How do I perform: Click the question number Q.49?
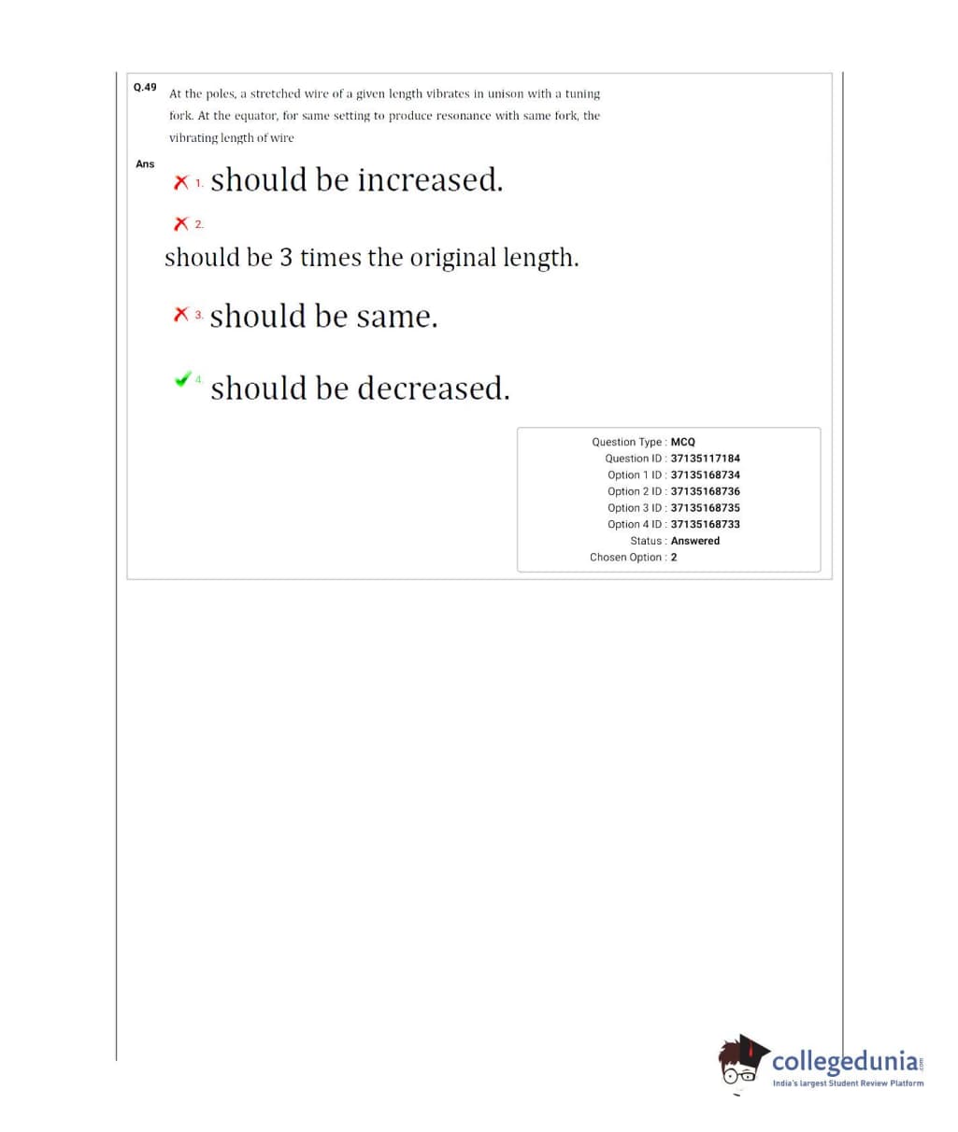[145, 87]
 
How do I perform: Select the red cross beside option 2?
[181, 224]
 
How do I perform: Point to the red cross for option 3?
[181, 316]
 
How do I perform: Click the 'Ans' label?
[145, 164]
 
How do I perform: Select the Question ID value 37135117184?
[705, 459]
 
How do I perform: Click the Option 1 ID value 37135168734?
[705, 475]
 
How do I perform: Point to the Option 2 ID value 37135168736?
[705, 491]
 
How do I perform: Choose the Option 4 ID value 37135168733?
[705, 524]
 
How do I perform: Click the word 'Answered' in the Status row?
[695, 541]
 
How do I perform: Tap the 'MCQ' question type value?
[683, 442]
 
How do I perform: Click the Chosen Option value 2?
[674, 558]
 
